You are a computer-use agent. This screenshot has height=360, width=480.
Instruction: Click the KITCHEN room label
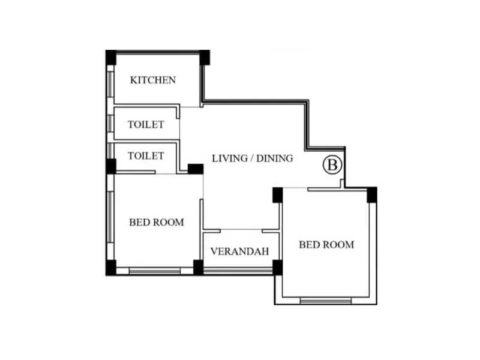153,80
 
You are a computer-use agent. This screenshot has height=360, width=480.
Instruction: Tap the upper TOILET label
146,125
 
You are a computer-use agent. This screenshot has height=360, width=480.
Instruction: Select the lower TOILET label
146,156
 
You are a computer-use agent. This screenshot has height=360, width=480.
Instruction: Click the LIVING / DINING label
253,158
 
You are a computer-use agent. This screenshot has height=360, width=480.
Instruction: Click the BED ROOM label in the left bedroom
157,222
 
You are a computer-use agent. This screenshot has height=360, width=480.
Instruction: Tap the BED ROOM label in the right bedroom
326,244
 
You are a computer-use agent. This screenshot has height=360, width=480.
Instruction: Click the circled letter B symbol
332,164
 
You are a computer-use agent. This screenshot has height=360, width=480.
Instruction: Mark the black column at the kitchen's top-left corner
111,57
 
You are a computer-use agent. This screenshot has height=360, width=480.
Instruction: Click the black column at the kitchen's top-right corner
205,57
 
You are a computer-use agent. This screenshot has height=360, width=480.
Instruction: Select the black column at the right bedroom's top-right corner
371,194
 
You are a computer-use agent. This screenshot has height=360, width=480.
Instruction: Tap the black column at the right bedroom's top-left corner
277,194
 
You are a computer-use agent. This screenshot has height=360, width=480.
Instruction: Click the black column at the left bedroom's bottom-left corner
111,268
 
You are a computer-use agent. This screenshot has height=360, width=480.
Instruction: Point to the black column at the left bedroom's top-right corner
195,169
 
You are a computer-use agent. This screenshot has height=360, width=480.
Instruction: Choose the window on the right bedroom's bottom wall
326,300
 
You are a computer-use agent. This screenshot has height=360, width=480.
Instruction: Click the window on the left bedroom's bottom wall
155,271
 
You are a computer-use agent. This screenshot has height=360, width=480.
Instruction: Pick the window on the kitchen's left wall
110,80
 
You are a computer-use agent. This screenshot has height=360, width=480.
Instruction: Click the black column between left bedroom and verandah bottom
198,268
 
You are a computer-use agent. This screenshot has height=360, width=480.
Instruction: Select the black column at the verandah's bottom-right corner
277,268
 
